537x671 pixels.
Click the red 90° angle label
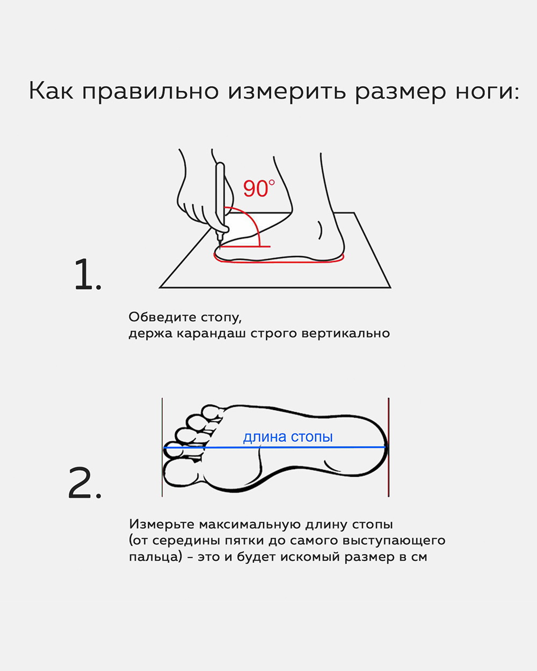tap(258, 188)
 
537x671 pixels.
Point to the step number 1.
tap(87, 275)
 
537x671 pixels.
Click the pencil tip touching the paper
tap(217, 245)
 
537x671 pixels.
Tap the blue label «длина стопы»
tap(288, 437)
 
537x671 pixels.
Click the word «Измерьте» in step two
tap(162, 524)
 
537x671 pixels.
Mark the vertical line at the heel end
tap(388, 447)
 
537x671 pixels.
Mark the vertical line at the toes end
tap(162, 447)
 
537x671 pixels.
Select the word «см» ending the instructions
tap(419, 557)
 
